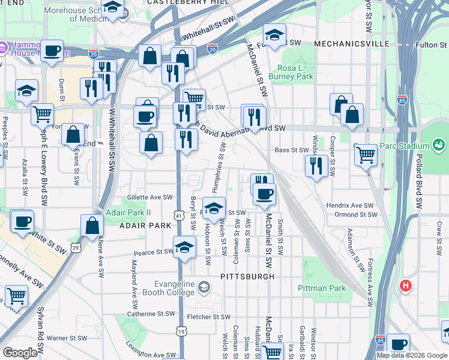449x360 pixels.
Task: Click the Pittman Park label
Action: point(322,288)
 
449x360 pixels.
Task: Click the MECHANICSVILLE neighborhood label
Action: point(352,44)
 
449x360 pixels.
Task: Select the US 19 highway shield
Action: point(181,331)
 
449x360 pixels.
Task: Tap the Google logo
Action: point(20,352)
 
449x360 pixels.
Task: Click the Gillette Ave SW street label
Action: point(149,197)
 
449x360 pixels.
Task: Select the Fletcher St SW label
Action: point(208,317)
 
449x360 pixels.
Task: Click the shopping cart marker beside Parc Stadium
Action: point(365,154)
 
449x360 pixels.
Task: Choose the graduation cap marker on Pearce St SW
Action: point(185,246)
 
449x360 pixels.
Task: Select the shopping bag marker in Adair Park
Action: point(92,226)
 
